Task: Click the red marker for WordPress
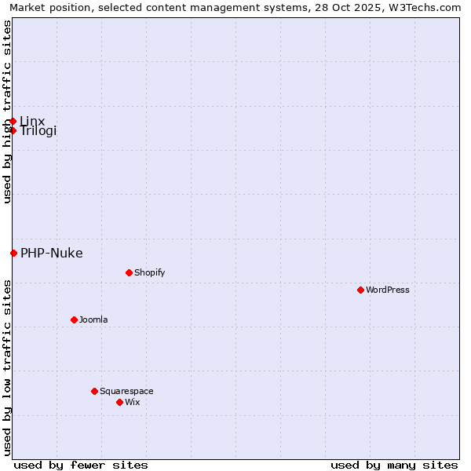pyautogui.click(x=360, y=290)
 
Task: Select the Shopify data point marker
pyautogui.click(x=129, y=272)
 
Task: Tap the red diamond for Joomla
pyautogui.click(x=74, y=319)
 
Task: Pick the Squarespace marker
pyautogui.click(x=94, y=391)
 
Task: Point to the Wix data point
pyautogui.click(x=119, y=402)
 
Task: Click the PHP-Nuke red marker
pyautogui.click(x=13, y=253)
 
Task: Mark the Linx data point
pyautogui.click(x=13, y=121)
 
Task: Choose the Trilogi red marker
pyautogui.click(x=13, y=130)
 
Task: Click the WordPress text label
pyautogui.click(x=388, y=290)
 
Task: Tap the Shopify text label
pyautogui.click(x=149, y=272)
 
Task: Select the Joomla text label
pyautogui.click(x=93, y=319)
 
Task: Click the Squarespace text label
pyautogui.click(x=126, y=391)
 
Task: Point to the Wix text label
pyautogui.click(x=132, y=402)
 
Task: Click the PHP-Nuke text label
pyautogui.click(x=51, y=253)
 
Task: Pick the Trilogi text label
pyautogui.click(x=38, y=131)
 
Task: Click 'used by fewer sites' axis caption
pyautogui.click(x=81, y=465)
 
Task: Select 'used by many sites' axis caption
pyautogui.click(x=394, y=465)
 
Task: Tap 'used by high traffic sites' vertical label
pyautogui.click(x=7, y=111)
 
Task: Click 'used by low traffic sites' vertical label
pyautogui.click(x=7, y=367)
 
